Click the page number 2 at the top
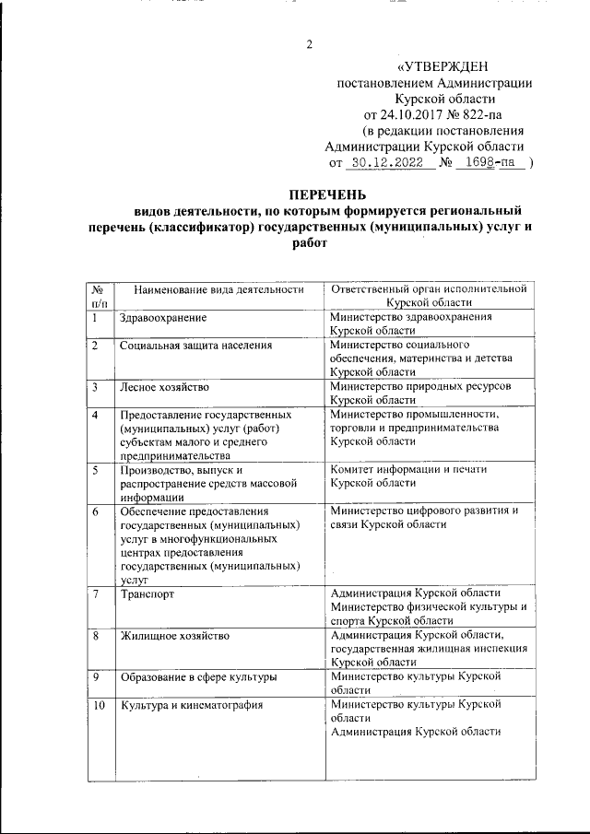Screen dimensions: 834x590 point(310,44)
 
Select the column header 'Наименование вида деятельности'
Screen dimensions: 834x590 point(218,289)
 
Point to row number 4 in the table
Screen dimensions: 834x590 point(96,414)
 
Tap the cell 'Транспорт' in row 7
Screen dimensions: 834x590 point(147,593)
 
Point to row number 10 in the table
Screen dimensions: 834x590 point(100,706)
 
